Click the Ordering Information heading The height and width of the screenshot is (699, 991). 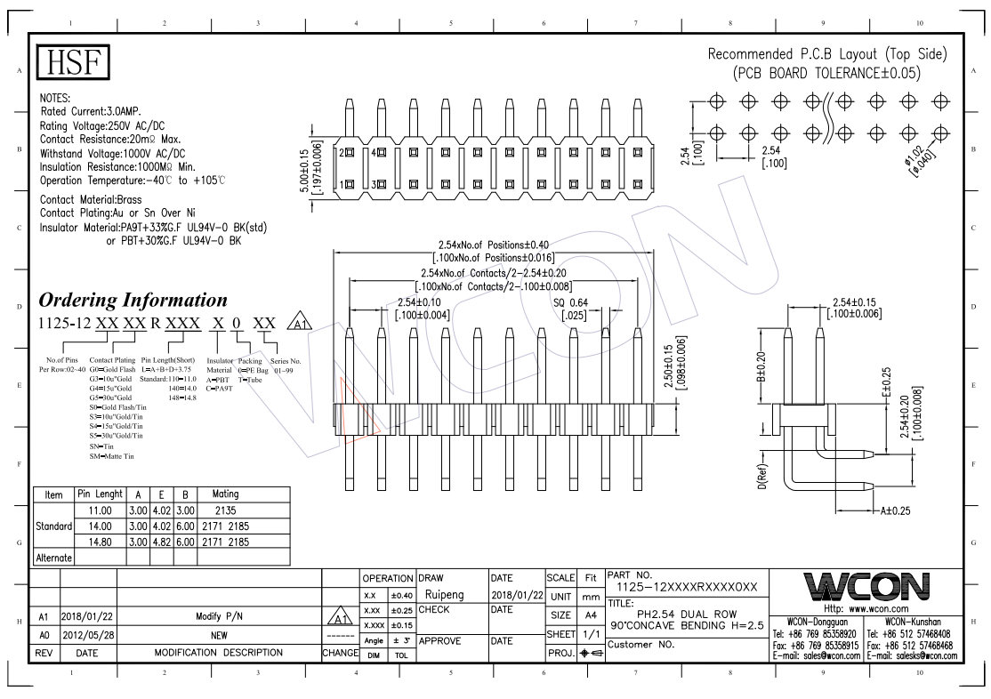pos(133,299)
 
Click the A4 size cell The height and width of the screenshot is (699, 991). pos(588,615)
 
